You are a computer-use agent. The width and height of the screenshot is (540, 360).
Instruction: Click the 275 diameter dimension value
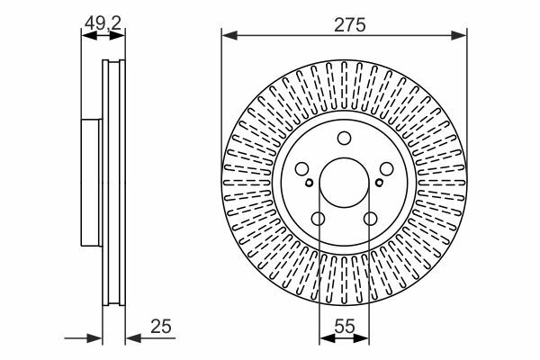pos(349,25)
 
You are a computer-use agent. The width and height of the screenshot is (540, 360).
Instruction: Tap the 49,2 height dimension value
pos(103,23)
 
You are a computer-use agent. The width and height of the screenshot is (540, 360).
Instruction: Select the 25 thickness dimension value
pos(161,326)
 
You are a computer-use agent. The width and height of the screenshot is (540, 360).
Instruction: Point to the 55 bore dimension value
pos(345,326)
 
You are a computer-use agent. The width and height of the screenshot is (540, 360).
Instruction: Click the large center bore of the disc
pos(345,183)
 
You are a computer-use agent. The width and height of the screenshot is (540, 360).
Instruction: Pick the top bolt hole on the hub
pos(344,138)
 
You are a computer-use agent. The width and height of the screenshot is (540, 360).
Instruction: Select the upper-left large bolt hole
pos(302,169)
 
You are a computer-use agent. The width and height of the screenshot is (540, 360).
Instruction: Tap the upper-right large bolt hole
pos(386,169)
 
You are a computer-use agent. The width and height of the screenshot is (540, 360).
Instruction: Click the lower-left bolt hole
pos(318,219)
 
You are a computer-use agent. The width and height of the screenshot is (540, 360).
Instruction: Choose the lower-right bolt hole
pos(371,219)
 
